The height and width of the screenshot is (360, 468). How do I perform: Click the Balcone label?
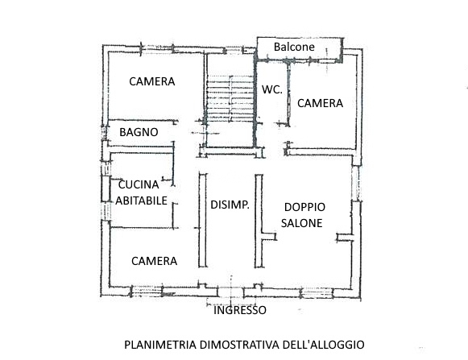point(294,47)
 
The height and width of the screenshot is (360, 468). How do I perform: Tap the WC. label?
point(272,89)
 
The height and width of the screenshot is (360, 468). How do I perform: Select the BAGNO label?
point(139,132)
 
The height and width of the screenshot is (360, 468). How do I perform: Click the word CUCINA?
point(139,184)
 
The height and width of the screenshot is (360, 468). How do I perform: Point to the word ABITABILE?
point(141,201)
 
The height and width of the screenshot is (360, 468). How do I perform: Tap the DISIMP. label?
point(230,205)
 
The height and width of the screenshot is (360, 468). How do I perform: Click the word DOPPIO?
point(304,207)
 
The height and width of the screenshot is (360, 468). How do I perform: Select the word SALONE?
point(302,223)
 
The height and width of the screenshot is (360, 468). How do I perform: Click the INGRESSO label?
point(240,310)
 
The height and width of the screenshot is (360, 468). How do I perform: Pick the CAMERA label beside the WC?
point(320,103)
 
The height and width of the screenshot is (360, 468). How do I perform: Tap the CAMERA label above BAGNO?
point(152,81)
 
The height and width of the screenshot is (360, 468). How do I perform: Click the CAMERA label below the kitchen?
point(155,261)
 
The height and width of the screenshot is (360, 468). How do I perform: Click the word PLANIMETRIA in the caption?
point(160,345)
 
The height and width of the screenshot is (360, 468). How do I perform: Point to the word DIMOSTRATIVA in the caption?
point(240,345)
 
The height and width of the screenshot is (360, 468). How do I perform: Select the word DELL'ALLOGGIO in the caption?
point(324,345)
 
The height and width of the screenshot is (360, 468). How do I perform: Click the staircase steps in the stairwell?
point(230,98)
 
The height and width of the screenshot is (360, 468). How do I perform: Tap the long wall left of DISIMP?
point(203,221)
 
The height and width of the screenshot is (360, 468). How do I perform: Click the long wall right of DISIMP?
point(259,221)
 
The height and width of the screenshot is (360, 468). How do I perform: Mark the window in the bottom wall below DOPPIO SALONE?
point(316,292)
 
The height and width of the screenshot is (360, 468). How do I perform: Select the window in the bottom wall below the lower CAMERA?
point(147,291)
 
